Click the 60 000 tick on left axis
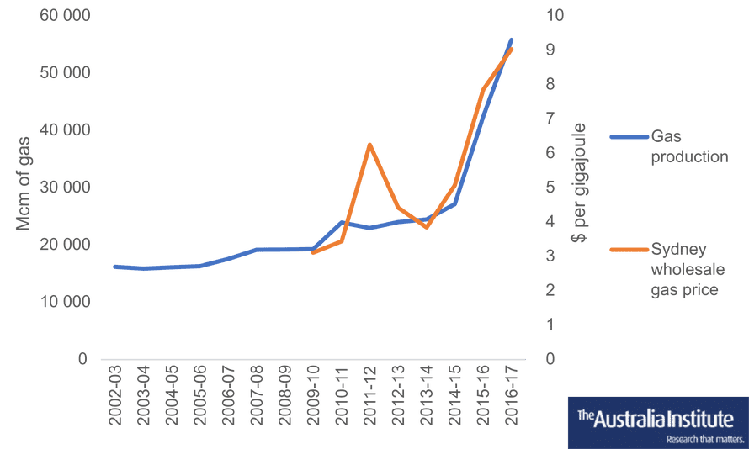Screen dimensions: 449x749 (x=66, y=16)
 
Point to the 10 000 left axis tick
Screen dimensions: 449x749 (x=66, y=301)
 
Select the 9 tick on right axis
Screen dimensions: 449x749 (x=550, y=50)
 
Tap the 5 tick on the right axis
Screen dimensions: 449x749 (x=550, y=187)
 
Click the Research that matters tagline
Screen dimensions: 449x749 (x=705, y=438)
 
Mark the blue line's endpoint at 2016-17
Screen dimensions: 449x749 (x=511, y=40)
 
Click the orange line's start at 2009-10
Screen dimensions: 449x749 (x=312, y=252)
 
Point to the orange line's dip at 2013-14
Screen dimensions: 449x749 (x=426, y=227)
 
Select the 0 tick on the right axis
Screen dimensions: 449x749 (x=550, y=359)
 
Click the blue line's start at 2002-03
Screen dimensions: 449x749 (x=115, y=267)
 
